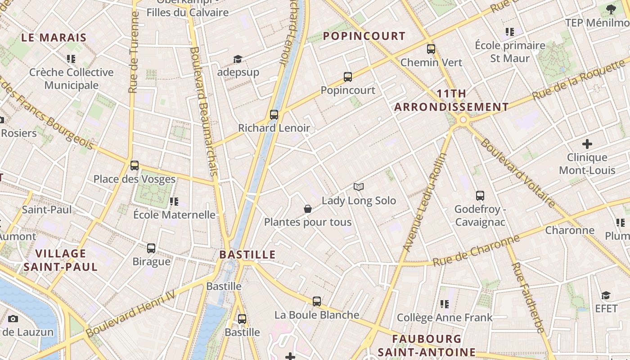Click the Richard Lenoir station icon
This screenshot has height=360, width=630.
[274, 114]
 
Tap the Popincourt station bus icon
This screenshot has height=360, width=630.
[347, 76]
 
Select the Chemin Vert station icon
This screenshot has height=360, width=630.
[431, 49]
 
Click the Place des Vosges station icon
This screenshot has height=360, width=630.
[135, 165]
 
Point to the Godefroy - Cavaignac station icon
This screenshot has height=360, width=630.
[480, 195]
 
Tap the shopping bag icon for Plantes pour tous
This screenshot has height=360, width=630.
[308, 208]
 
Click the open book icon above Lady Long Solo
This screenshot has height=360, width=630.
[359, 187]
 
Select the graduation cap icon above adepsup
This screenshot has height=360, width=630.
[238, 59]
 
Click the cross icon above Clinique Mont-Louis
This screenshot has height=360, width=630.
[587, 144]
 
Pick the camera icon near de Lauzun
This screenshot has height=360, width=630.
[13, 319]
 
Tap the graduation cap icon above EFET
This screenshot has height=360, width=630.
[606, 295]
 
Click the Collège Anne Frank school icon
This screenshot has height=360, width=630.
[445, 304]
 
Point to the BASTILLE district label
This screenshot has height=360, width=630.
[247, 255]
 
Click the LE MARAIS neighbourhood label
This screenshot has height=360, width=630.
[54, 37]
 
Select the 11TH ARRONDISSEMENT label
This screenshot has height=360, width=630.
[451, 100]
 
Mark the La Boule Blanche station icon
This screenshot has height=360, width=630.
[317, 301]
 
